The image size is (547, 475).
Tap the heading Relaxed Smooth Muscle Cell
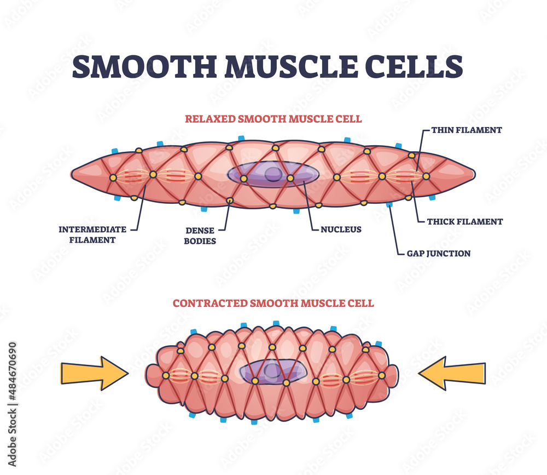(273, 118)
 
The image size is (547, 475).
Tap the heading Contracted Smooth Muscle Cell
(273, 303)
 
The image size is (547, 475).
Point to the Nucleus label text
(341, 230)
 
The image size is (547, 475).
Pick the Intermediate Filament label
(92, 234)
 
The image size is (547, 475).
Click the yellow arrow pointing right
(94, 373)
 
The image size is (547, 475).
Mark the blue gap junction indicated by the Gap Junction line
(389, 205)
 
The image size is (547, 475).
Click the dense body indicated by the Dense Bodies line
(230, 201)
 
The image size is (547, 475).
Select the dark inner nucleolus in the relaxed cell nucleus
(272, 174)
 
